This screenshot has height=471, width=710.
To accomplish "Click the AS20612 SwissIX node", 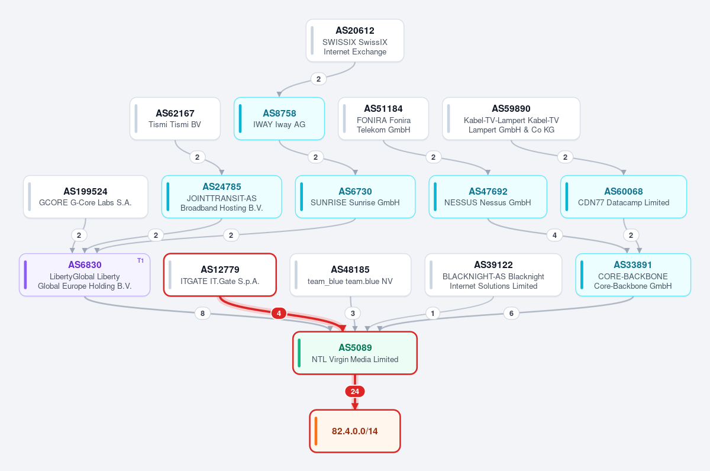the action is (354, 41).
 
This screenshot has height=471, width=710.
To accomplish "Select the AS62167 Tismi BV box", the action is (175, 118).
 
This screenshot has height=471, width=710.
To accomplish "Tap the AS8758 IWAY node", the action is (279, 118).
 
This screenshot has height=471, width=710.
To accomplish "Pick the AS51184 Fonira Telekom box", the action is (383, 118).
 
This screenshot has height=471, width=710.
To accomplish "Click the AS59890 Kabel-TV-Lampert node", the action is (511, 118).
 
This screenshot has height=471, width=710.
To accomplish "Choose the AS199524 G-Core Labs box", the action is (86, 196).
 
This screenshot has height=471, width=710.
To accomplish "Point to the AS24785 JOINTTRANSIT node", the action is (221, 196).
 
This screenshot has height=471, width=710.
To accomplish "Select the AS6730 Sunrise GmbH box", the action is (355, 196).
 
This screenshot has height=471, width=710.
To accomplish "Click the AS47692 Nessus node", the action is (488, 196).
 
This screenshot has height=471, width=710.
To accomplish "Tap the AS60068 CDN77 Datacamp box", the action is (624, 196).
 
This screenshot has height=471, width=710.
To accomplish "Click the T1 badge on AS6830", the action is (140, 260).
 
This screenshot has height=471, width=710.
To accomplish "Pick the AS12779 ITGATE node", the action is (220, 275).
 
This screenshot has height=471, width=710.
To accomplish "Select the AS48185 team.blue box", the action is (350, 275).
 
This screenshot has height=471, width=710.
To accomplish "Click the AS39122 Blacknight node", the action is (493, 275).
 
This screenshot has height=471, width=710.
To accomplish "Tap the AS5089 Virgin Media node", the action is (354, 353).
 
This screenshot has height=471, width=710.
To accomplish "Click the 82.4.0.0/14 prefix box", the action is (354, 431).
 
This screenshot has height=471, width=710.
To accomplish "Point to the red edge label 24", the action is (354, 392).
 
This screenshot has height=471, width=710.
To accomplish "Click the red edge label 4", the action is (279, 314).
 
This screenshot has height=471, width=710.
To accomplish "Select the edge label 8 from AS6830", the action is (202, 314).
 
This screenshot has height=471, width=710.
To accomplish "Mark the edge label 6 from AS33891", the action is (511, 314).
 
